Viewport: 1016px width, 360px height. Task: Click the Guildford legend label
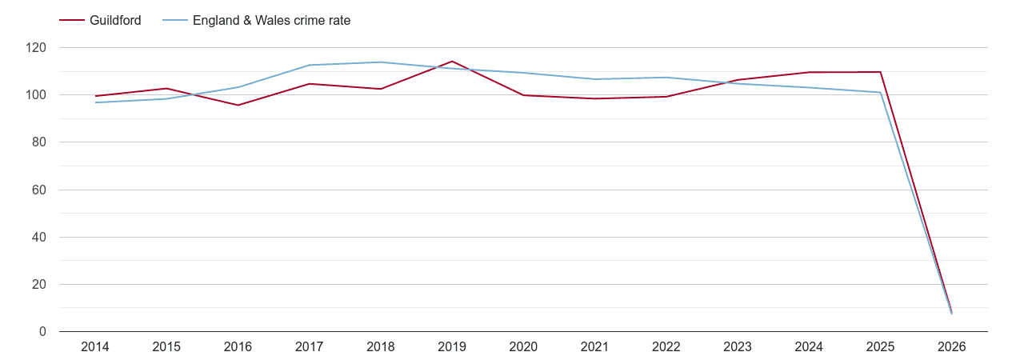coord(115,21)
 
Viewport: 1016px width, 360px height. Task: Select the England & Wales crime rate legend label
coord(271,21)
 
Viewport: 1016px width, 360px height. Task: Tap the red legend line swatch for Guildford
coord(73,21)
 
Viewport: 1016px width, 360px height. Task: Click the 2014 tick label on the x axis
coord(95,347)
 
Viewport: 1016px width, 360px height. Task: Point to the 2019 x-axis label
coord(452,347)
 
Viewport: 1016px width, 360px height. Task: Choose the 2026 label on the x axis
coord(951,347)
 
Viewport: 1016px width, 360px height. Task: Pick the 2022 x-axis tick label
coord(666,347)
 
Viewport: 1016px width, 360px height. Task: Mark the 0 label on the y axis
coord(42,332)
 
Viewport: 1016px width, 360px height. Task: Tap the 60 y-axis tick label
coord(39,190)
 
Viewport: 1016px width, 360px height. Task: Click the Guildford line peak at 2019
coord(452,62)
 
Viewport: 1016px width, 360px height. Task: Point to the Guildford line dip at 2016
coord(238,105)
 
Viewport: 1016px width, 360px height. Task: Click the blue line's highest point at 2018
coord(381,62)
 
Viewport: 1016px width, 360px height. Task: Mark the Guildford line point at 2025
coord(880,72)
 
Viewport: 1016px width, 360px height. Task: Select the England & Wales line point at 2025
coord(880,92)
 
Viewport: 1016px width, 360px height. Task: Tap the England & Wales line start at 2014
coord(95,102)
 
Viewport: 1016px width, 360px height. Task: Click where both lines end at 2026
coord(951,312)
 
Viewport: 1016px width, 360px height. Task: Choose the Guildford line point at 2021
coord(594,98)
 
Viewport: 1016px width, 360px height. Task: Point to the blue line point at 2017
coord(309,66)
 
